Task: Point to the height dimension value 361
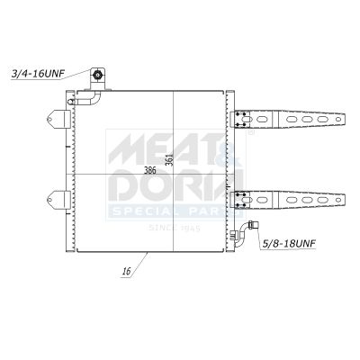168,155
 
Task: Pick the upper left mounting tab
58,118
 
